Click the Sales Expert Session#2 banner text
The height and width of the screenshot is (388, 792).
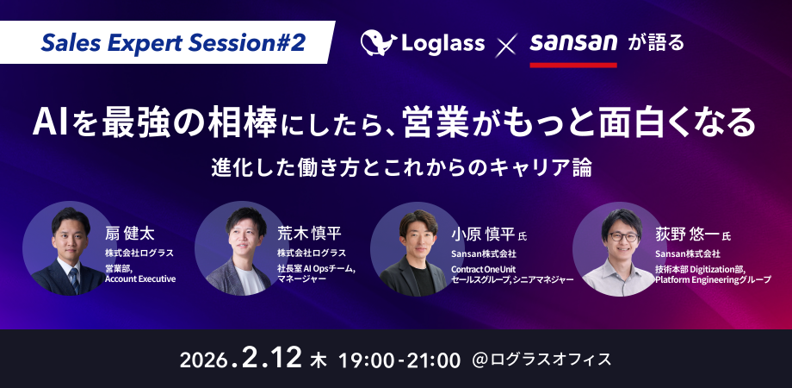point(173,43)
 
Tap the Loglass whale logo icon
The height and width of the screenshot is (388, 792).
point(378,42)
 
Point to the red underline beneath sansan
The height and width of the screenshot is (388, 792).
point(573,65)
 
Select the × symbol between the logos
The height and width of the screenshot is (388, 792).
point(506,44)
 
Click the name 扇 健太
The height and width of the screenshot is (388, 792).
point(130,234)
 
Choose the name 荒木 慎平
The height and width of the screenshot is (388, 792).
point(309,233)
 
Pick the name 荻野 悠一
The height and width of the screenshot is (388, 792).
point(687,235)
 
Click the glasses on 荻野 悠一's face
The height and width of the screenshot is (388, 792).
point(623,236)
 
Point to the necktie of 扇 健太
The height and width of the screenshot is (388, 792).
point(74,279)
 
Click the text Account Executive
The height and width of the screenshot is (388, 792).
point(140,278)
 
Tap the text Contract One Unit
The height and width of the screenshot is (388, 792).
point(484,269)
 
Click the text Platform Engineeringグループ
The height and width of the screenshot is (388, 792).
point(713,279)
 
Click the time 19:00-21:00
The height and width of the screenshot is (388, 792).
point(399,360)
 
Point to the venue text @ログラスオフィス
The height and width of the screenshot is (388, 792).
point(541,360)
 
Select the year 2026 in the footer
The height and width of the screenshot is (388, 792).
point(203,360)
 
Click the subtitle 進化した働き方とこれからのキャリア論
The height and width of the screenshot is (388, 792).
point(402,168)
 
